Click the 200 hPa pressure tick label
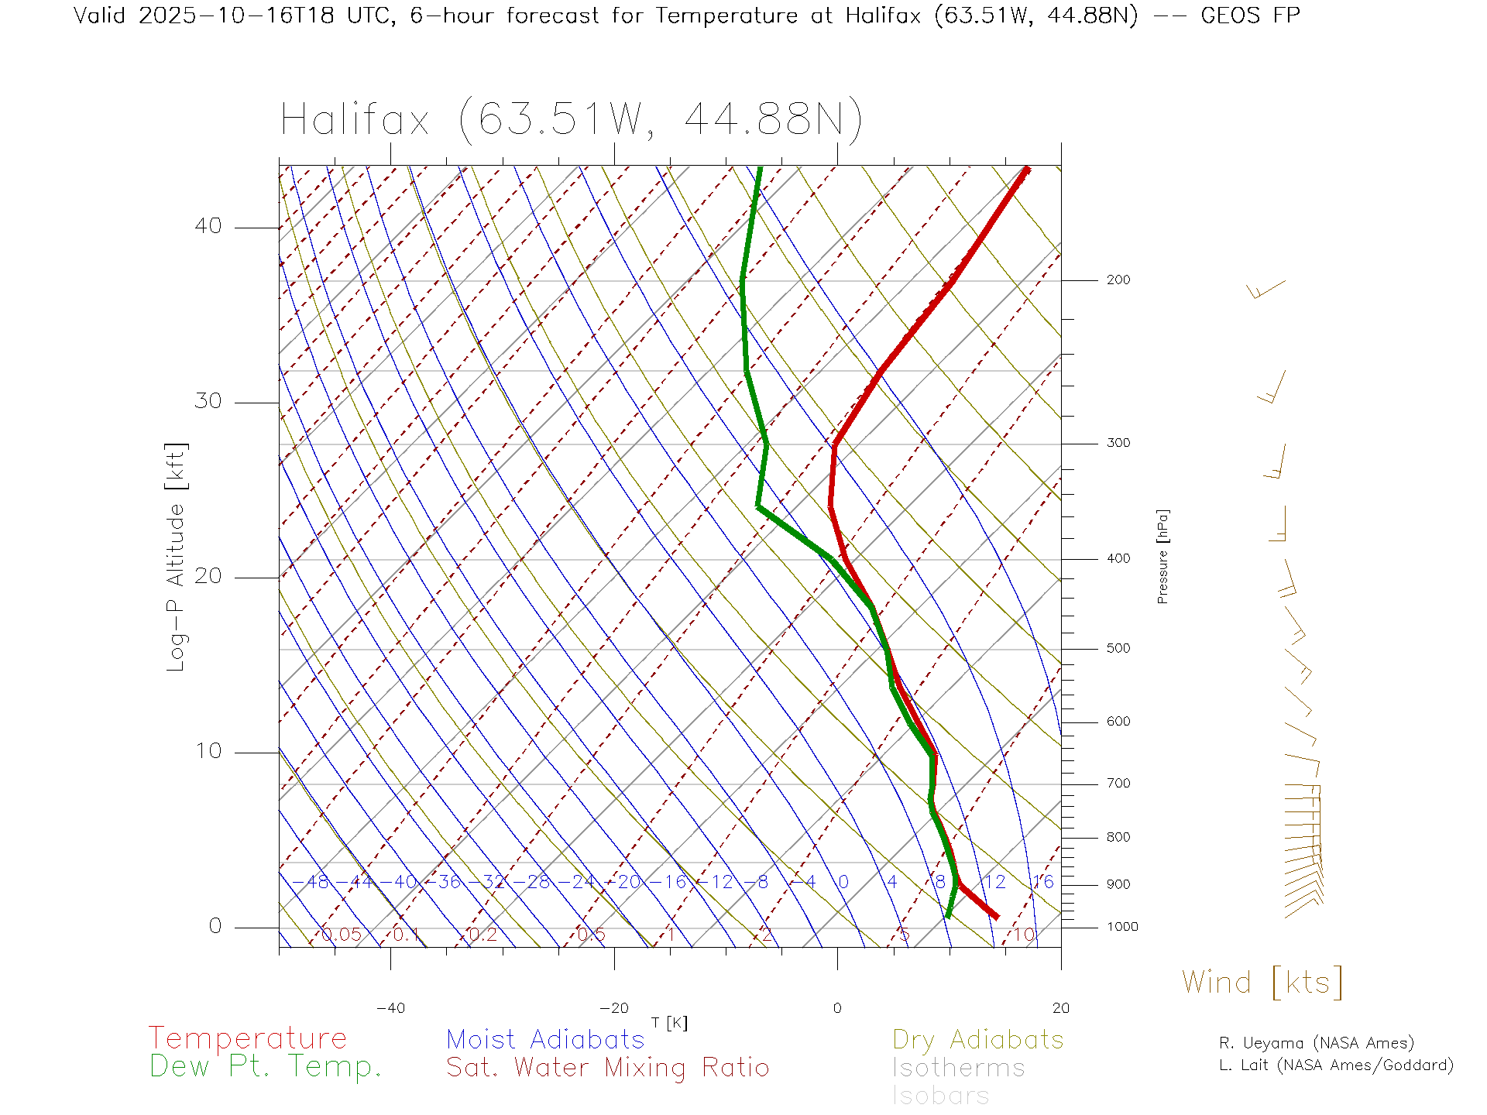click(1118, 280)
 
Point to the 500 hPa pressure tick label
click(1118, 648)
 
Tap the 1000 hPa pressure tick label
click(1122, 927)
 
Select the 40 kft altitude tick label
click(208, 226)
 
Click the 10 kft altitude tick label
click(208, 751)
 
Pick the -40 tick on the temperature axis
click(390, 1008)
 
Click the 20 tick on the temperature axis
click(1060, 1008)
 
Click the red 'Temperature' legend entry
click(247, 1038)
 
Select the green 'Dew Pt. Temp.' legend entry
click(266, 1067)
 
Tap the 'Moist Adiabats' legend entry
click(545, 1039)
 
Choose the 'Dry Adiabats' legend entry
click(977, 1039)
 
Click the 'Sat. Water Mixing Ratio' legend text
click(607, 1068)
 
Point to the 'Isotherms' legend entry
click(958, 1068)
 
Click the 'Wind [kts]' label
click(1262, 982)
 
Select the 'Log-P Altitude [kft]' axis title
click(176, 557)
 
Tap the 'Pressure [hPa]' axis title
click(1162, 556)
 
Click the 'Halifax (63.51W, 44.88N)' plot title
click(572, 120)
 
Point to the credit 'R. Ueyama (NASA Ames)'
click(1317, 1043)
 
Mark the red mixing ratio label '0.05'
click(341, 935)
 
